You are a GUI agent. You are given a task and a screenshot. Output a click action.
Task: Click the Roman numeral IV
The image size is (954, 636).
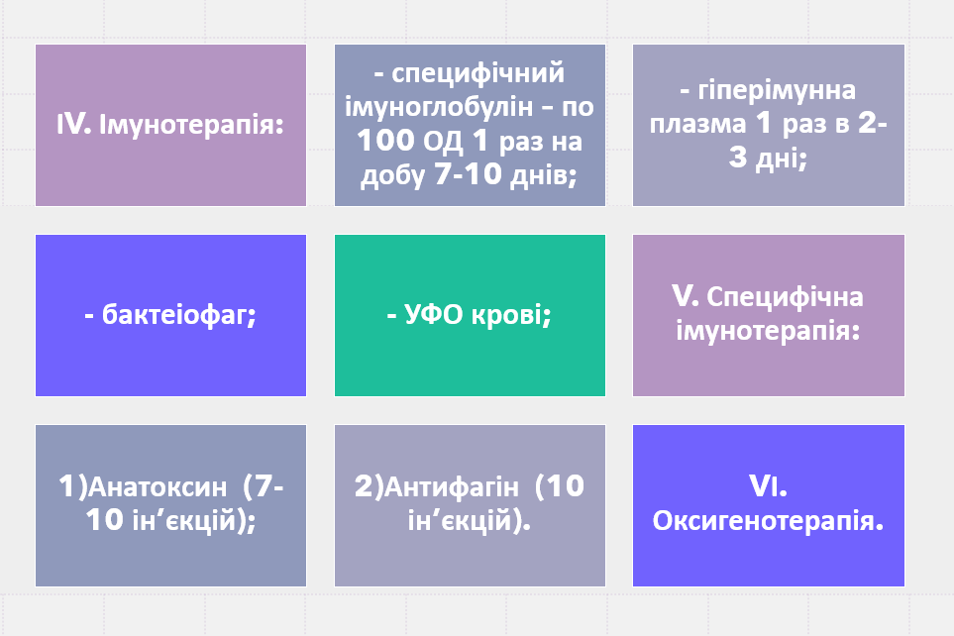tap(71, 126)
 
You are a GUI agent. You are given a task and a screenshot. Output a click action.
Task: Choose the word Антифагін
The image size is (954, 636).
tap(452, 487)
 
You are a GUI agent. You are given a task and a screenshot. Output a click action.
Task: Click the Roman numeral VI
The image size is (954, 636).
tap(769, 486)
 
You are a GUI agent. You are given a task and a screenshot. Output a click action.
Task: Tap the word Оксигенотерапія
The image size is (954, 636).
tap(768, 521)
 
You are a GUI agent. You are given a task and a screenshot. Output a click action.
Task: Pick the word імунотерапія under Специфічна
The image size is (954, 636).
tap(769, 333)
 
